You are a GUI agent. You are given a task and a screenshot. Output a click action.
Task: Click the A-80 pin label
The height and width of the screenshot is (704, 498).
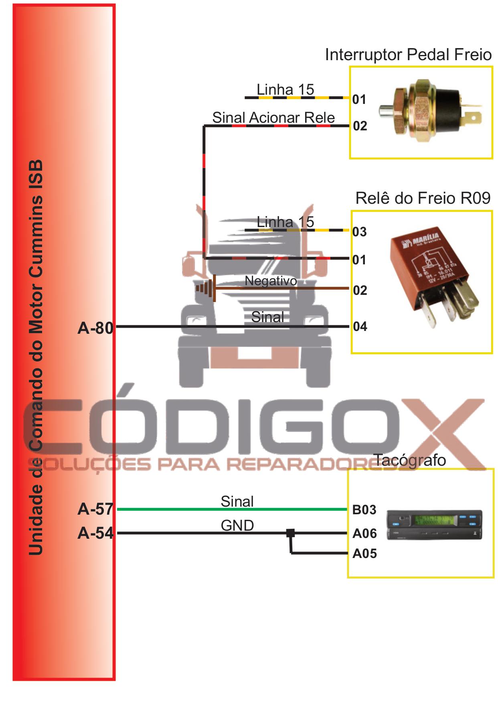[95, 328]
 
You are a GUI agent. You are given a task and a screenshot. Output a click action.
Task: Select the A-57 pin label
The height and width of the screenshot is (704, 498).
[95, 509]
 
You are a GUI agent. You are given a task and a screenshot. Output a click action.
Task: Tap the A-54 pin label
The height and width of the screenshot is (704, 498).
[95, 533]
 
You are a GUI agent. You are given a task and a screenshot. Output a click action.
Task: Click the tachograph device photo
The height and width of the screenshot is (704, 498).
[434, 525]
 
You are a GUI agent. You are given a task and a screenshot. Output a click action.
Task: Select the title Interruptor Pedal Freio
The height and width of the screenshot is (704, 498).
[408, 55]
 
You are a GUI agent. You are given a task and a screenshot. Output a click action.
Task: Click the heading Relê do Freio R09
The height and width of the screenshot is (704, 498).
[423, 198]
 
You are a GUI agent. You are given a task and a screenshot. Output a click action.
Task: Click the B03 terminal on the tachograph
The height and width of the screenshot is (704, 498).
[364, 510]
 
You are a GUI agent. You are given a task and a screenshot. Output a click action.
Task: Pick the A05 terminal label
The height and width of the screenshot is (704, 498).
[364, 554]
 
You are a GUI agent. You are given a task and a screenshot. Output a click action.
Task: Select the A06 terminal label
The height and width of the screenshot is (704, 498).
[364, 534]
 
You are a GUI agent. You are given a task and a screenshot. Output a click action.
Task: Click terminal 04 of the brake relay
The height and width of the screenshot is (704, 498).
[360, 327]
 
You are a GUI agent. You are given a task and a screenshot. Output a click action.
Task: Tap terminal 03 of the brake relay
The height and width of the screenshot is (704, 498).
[359, 232]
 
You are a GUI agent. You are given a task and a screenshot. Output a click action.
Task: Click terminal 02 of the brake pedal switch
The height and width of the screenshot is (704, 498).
[360, 126]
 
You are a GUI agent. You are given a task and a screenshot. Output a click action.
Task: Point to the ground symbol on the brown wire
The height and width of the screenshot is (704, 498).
[206, 288]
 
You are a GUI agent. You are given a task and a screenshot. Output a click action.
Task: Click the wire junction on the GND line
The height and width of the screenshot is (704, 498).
[291, 533]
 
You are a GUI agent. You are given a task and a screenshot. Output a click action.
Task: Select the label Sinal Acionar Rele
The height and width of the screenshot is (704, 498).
[273, 118]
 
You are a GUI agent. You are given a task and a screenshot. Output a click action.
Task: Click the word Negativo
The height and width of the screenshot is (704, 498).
[271, 281]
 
